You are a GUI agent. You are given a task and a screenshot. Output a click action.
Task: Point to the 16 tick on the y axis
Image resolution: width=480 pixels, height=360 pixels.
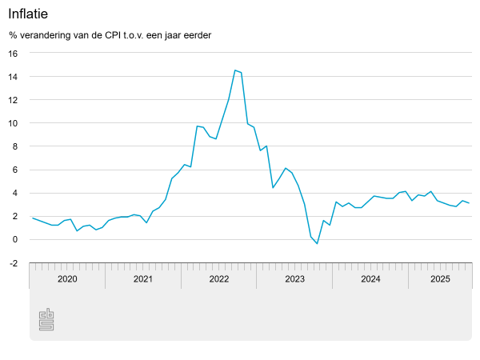tap(13, 54)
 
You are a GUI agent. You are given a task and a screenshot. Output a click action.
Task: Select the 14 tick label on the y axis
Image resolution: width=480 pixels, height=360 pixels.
tap(13, 77)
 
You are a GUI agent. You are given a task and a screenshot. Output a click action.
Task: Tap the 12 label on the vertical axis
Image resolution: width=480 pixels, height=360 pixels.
tap(13, 100)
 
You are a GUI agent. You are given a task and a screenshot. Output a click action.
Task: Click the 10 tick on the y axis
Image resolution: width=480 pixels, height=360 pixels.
tap(13, 123)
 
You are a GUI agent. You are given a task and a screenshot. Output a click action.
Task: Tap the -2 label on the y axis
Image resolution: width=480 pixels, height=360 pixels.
tap(13, 262)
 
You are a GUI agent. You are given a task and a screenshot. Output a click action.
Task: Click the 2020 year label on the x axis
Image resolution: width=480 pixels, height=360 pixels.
tap(67, 279)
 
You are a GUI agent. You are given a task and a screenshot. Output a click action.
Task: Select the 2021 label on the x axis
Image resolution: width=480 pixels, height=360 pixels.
tap(143, 279)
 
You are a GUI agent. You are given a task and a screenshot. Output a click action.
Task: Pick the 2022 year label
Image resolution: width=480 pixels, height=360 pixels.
tap(219, 279)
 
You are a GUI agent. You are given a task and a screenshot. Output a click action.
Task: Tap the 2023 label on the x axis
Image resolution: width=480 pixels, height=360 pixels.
tap(294, 279)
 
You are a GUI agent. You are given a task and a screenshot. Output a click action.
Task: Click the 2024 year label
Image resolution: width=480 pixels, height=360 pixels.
tap(370, 279)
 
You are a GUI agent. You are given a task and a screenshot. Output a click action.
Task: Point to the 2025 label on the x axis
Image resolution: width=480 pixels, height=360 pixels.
tap(440, 279)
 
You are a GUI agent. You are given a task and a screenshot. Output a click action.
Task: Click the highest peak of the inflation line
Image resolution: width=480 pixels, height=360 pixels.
tap(235, 70)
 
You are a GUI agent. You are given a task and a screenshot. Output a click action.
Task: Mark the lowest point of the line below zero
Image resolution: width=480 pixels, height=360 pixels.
tap(317, 243)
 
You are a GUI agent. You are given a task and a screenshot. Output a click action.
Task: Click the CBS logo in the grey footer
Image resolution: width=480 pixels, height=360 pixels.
tap(46, 319)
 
